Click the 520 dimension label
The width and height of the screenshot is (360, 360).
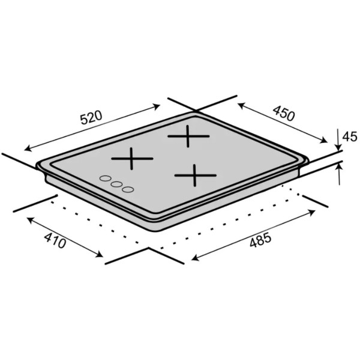91,118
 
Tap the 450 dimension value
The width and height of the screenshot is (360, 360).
284,113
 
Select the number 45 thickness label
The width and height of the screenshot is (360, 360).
350,136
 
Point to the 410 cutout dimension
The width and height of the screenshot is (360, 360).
55,240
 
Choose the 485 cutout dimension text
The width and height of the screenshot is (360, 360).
260,239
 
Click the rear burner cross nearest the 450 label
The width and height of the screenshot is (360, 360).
188,136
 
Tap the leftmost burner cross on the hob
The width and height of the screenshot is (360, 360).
132,158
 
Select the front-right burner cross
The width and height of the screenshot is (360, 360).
195,175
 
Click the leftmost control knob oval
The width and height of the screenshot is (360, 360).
106,178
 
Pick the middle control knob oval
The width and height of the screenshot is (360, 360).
116,184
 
